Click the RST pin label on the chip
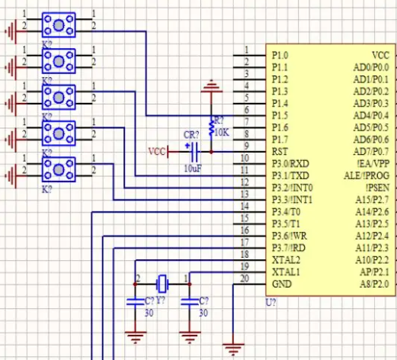pos(280,152)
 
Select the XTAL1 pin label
pos(286,272)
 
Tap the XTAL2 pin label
pos(286,260)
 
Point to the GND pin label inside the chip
pos(282,284)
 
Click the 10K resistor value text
pos(222,132)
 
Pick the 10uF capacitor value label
pos(193,169)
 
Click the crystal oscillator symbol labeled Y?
pos(162,284)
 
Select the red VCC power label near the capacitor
pos(156,152)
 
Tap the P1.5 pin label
pos(280,115)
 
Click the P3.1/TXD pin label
pos(290,175)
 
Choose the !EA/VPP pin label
pos(373,163)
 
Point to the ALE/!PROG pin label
pos(367,175)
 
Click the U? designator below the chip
pos(271,303)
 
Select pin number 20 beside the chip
pos(245,278)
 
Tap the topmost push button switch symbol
pos(59,25)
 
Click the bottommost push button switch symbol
pos(59,169)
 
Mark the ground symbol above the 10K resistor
pos(211,86)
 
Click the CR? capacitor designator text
pos(191,135)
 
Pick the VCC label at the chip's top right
pos(380,55)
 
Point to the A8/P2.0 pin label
pos(374,284)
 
